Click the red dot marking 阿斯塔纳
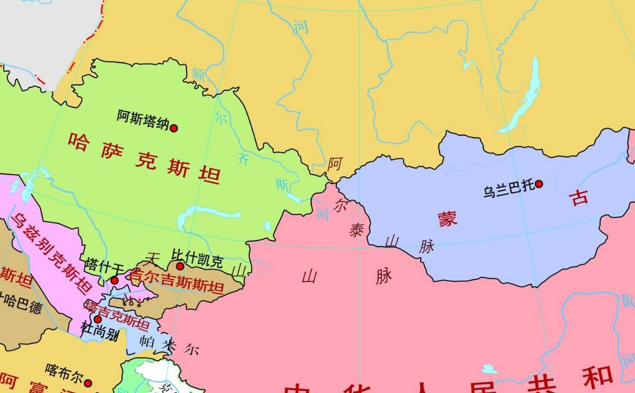click(174, 128)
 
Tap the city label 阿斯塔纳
click(143, 120)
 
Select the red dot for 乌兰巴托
click(539, 184)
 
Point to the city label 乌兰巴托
click(509, 189)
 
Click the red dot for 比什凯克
click(180, 266)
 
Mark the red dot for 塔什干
click(114, 280)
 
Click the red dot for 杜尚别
click(97, 319)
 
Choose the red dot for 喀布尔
click(88, 383)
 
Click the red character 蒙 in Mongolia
click(447, 219)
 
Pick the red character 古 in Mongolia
click(579, 197)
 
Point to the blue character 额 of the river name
click(198, 74)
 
